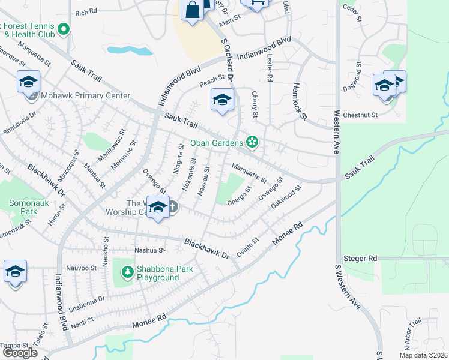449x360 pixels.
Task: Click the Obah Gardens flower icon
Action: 253,142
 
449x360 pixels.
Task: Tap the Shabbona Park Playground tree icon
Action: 127,273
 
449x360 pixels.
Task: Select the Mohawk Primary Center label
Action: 85,95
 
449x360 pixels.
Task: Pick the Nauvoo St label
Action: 82,268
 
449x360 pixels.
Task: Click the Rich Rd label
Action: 86,11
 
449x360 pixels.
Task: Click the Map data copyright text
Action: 422,355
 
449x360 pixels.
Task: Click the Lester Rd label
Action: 270,67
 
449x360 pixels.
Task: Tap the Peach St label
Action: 212,79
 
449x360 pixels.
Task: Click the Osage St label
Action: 247,247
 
